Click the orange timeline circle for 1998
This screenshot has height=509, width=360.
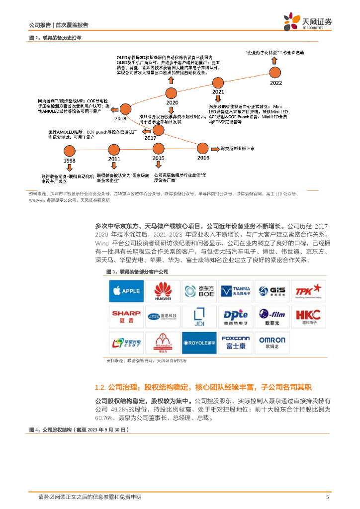click(x=69, y=150)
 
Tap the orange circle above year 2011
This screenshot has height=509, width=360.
click(x=113, y=149)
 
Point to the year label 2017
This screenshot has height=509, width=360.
click(x=151, y=139)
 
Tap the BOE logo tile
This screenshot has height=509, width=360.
click(x=199, y=291)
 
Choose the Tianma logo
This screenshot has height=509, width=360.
click(x=236, y=291)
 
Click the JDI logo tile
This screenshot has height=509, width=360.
click(x=199, y=316)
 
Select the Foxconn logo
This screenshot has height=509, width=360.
click(x=236, y=342)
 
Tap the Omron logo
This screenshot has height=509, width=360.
click(x=272, y=342)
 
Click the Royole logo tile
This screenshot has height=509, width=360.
click(x=199, y=342)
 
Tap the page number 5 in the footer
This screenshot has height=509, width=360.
click(x=327, y=497)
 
